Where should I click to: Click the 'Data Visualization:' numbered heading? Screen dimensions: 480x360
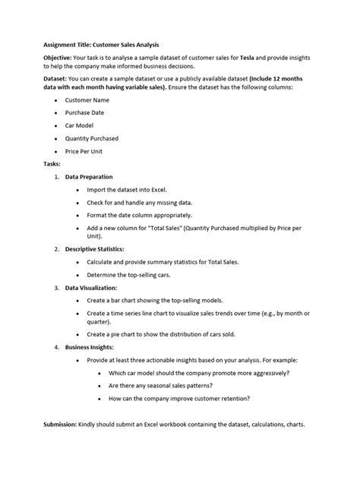[91, 289]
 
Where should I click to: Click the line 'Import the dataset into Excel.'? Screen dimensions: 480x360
[128, 189]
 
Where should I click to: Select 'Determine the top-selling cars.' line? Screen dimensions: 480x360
[130, 275]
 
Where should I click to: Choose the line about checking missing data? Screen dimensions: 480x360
[140, 203]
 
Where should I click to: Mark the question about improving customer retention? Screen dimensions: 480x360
[179, 398]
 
